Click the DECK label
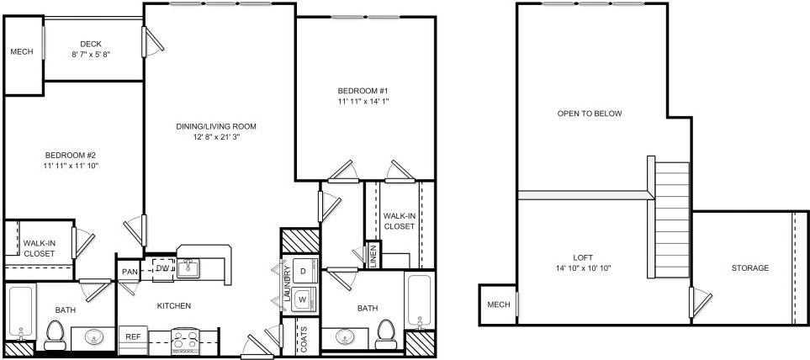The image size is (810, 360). tap(91, 45)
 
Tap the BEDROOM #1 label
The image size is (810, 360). tap(362, 90)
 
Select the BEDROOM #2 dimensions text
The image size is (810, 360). tap(71, 167)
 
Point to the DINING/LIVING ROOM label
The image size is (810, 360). tap(216, 126)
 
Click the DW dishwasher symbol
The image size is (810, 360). tap(162, 267)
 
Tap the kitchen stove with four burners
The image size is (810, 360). tap(183, 340)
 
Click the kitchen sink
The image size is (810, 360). tap(188, 269)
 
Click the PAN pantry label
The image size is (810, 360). tap(130, 271)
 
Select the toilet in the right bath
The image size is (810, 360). tap(385, 334)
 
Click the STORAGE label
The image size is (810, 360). tap(749, 268)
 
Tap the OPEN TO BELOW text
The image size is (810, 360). tap(590, 114)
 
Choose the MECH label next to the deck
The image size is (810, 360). tap(22, 52)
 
